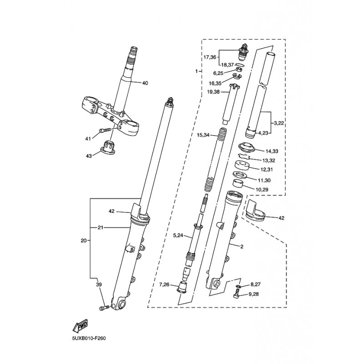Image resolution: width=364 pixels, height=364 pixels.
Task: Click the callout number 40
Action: coord(145,83)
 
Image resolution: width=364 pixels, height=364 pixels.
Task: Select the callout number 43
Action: coord(88,156)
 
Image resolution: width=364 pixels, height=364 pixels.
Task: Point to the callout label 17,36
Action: coord(210,57)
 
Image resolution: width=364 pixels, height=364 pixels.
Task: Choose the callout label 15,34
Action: coord(204,135)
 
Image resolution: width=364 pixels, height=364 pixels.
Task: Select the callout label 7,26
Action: coord(164,285)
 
